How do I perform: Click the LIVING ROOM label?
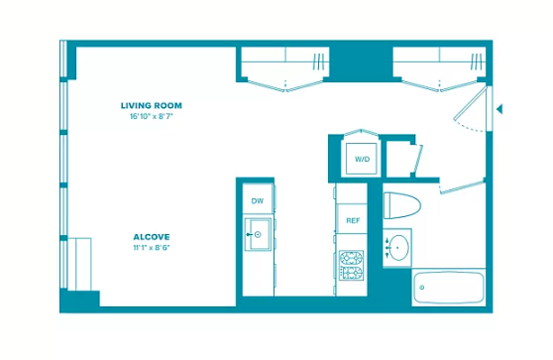(x=152, y=105)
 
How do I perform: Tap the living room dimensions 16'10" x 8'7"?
(x=152, y=116)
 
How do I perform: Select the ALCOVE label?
(x=152, y=237)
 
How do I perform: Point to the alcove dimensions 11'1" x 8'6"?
(x=152, y=247)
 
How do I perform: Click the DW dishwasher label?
(x=258, y=201)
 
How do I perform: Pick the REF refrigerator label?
(x=353, y=220)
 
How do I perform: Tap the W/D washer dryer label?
(x=362, y=160)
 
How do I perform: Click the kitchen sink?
(x=258, y=234)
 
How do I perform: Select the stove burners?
(x=351, y=266)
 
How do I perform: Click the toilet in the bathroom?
(x=402, y=205)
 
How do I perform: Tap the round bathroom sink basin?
(x=399, y=248)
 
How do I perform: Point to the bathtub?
(x=449, y=288)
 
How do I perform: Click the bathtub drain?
(x=422, y=288)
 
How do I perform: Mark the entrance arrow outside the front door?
(x=499, y=109)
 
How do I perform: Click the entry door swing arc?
(x=469, y=127)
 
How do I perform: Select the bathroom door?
(x=463, y=186)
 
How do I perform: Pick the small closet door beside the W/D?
(x=417, y=159)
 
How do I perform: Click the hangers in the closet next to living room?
(x=318, y=61)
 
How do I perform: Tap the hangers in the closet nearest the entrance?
(x=476, y=61)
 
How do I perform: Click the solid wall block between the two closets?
(x=361, y=61)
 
